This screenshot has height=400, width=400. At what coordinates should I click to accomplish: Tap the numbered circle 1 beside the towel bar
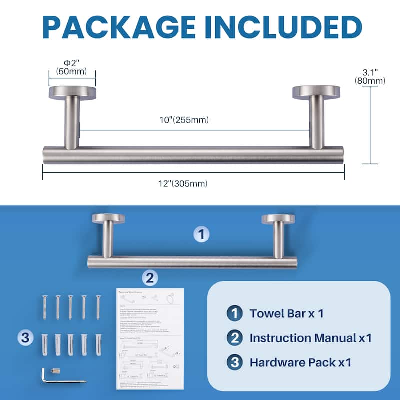click(x=201, y=234)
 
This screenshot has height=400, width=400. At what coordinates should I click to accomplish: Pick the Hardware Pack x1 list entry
click(x=300, y=362)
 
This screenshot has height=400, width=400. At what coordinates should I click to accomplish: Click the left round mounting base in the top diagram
click(x=72, y=92)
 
